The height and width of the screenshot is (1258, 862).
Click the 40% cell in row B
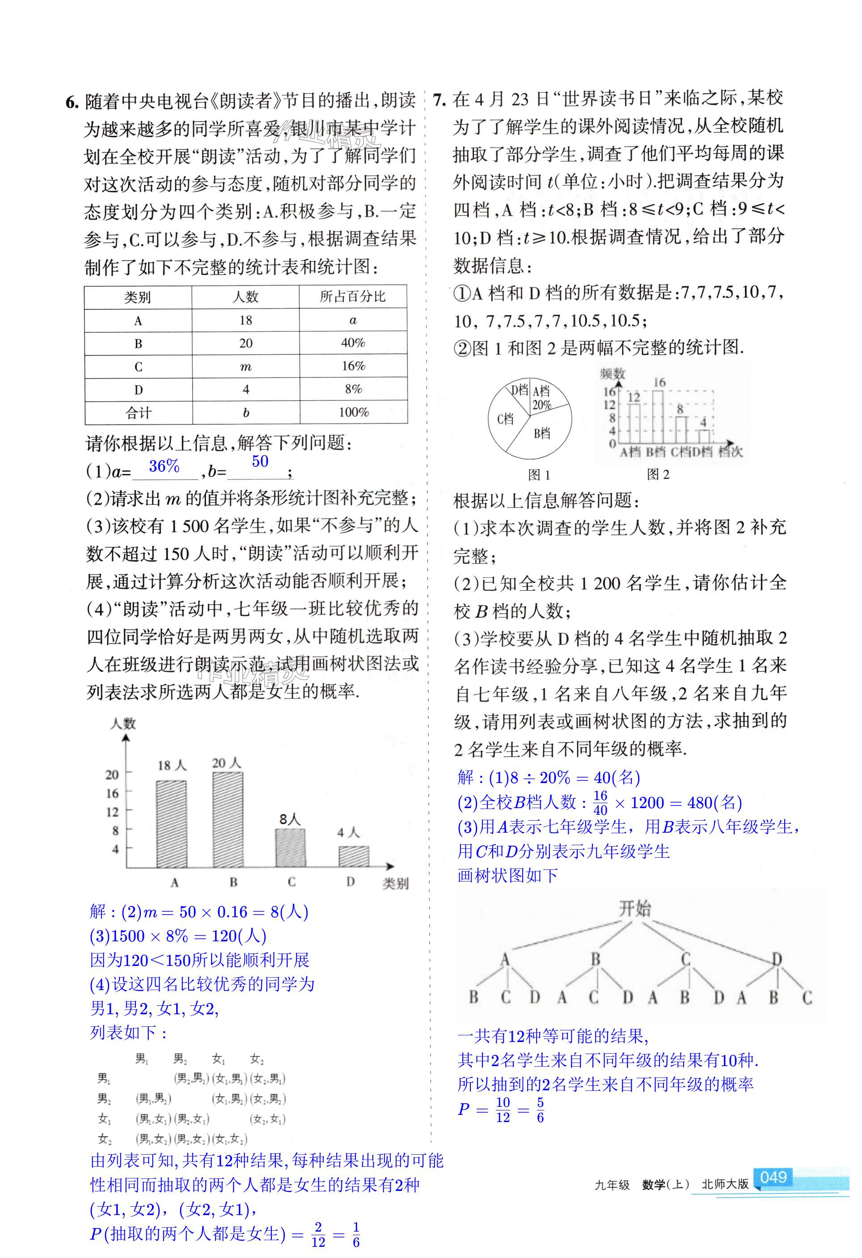coord(353,343)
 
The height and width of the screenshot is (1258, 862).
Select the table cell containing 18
coord(245,321)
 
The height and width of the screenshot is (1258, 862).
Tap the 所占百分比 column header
coord(353,296)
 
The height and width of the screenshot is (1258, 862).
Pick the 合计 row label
coord(139,413)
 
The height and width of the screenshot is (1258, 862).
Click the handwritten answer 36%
coord(164,466)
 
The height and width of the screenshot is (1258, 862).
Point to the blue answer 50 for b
coord(260,461)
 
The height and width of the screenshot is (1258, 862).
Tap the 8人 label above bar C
coord(290,820)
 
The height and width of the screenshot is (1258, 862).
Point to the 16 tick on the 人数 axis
coord(112,793)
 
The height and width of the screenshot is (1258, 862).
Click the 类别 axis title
coord(396,883)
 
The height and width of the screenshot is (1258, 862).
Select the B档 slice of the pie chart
coord(542,433)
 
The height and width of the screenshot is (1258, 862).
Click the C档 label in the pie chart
coord(505,419)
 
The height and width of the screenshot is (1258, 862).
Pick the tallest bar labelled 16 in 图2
coord(659,416)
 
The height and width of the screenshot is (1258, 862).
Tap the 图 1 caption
coord(539,475)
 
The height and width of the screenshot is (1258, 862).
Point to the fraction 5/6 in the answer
coord(540,1110)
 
